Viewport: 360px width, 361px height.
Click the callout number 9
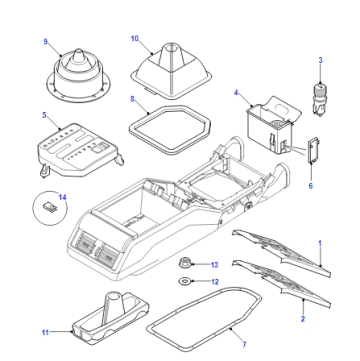(46, 42)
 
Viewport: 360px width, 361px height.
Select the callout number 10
(135, 39)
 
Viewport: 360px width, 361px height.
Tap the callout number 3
(320, 60)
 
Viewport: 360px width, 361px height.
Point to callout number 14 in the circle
(63, 197)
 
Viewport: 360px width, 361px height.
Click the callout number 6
(311, 186)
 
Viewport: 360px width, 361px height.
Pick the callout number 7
(244, 344)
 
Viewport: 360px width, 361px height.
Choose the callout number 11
(45, 332)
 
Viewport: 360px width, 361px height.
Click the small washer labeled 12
(184, 282)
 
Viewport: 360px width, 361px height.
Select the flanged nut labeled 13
(183, 264)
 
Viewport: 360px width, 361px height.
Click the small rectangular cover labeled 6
(314, 152)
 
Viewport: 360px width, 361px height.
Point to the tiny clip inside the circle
(49, 208)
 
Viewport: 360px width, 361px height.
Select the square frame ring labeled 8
(133, 121)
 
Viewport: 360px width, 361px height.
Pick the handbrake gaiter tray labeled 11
(110, 318)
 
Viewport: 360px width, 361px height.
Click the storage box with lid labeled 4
(271, 126)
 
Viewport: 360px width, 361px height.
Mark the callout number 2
(303, 319)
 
